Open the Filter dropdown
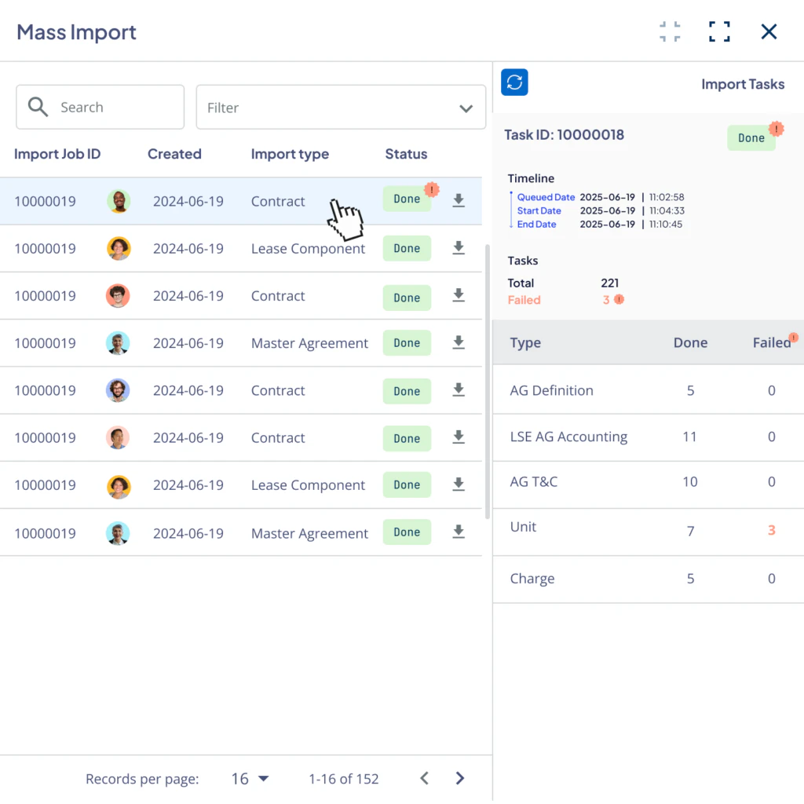[x=341, y=108]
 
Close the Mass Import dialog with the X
[x=769, y=31]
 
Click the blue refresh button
[x=514, y=82]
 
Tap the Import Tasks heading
[x=742, y=85]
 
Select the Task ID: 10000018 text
[x=564, y=135]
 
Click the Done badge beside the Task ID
[x=751, y=138]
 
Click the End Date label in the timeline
[x=536, y=225]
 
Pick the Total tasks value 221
[x=609, y=283]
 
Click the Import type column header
[x=290, y=154]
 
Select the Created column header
[x=174, y=154]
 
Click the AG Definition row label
[x=551, y=390]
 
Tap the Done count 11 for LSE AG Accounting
[x=689, y=437]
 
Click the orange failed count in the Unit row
[x=771, y=530]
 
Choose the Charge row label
[x=532, y=579]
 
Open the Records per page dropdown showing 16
[x=250, y=779]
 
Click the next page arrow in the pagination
[x=460, y=778]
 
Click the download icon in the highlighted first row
[x=459, y=201]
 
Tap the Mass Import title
[x=77, y=32]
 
